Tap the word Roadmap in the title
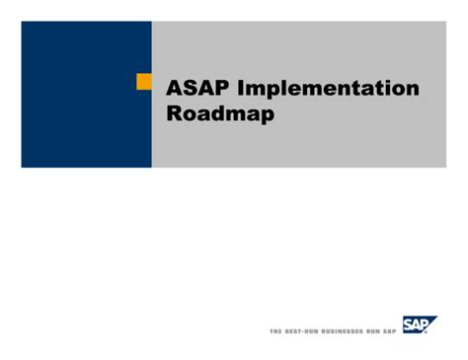(x=220, y=113)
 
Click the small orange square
(x=143, y=82)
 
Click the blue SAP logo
(x=420, y=324)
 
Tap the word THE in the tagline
(x=275, y=331)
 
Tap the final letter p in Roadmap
(x=267, y=115)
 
